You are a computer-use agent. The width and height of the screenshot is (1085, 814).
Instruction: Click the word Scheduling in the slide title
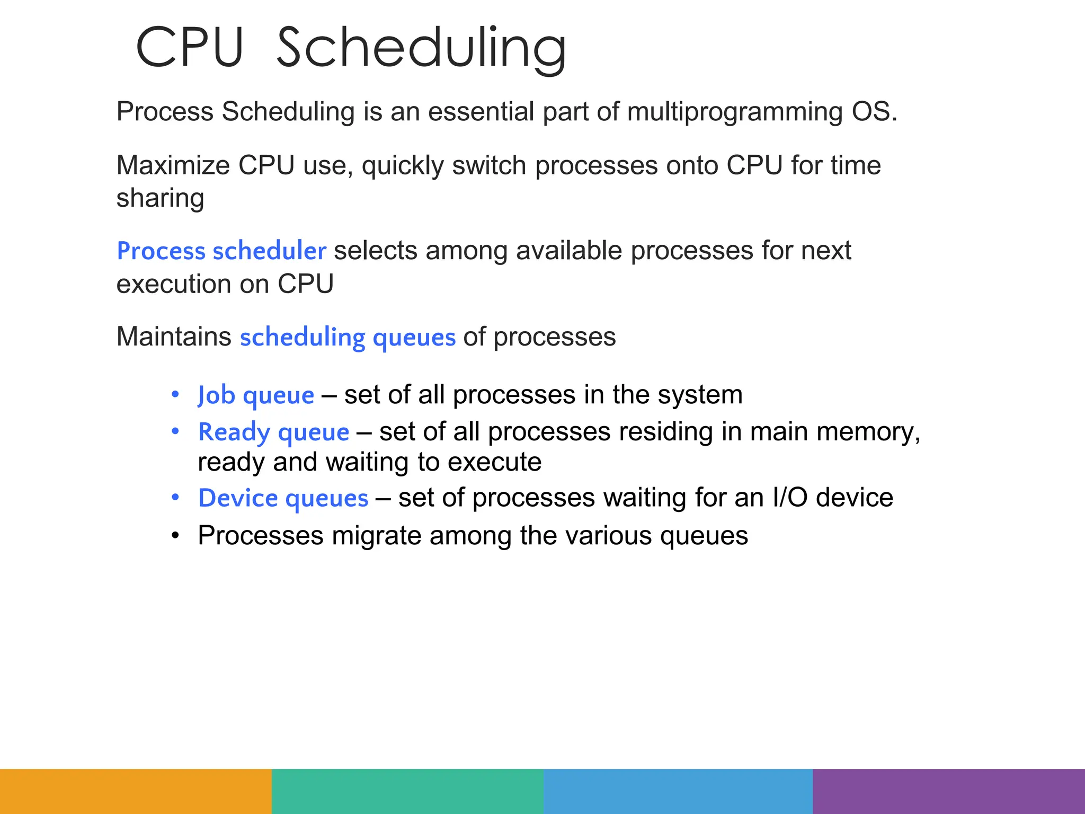pyautogui.click(x=421, y=48)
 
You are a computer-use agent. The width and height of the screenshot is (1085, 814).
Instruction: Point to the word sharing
pyautogui.click(x=160, y=198)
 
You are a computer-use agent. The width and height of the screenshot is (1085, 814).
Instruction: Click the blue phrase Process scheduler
pyautogui.click(x=221, y=251)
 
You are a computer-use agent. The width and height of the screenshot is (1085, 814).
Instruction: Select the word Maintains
pyautogui.click(x=174, y=337)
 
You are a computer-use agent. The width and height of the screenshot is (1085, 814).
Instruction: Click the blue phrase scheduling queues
pyautogui.click(x=348, y=338)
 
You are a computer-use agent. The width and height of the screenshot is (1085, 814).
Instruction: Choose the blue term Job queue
pyautogui.click(x=256, y=395)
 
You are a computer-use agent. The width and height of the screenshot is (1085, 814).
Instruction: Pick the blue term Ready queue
pyautogui.click(x=273, y=432)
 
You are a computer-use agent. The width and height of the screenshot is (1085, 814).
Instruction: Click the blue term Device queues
pyautogui.click(x=283, y=498)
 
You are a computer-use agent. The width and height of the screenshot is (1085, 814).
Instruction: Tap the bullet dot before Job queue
pyautogui.click(x=175, y=395)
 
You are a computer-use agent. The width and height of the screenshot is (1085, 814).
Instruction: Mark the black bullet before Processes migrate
pyautogui.click(x=175, y=536)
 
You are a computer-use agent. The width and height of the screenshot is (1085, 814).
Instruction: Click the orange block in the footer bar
pyautogui.click(x=136, y=791)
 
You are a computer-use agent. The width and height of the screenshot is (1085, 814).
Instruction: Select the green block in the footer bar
pyautogui.click(x=407, y=791)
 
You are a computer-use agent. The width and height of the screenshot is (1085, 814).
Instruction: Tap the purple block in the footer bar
pyautogui.click(x=949, y=791)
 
